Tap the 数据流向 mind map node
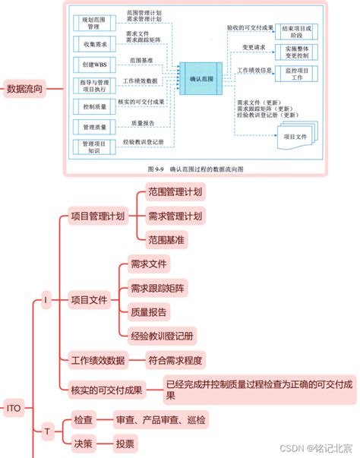click(24, 89)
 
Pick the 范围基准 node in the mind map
click(166, 239)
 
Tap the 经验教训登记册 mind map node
click(161, 334)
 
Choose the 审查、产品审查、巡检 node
click(159, 419)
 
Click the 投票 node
click(125, 443)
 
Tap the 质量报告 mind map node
click(149, 311)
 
